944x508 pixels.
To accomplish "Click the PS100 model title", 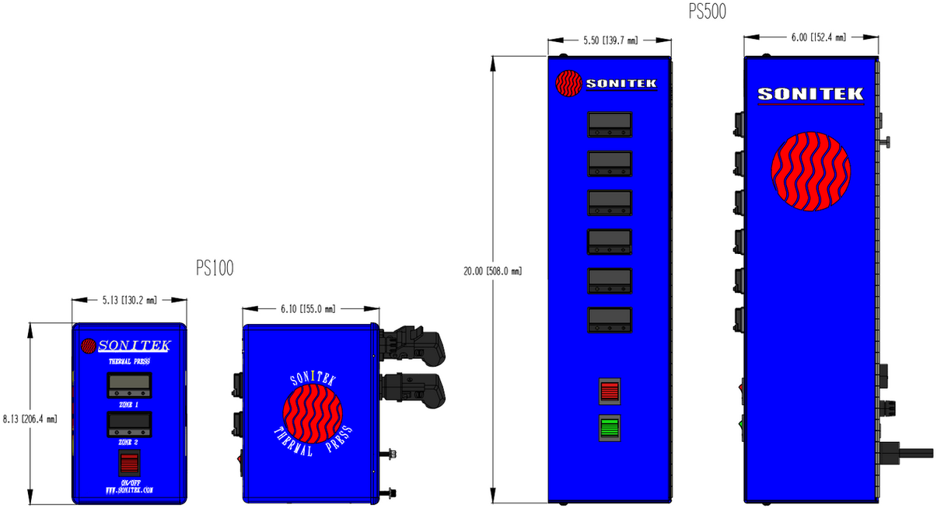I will (215, 268).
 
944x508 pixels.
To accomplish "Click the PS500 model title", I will (707, 12).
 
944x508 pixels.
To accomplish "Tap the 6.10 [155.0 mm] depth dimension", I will (308, 308).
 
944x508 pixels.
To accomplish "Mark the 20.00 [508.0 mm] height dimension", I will (492, 271).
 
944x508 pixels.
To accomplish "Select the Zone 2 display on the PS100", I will (128, 424).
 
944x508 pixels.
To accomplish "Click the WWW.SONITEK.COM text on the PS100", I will (129, 491).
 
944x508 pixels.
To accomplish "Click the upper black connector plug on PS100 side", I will (412, 346).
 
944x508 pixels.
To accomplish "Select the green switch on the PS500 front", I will (610, 428).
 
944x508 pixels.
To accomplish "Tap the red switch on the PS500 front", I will (610, 391).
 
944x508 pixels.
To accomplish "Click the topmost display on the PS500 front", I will (610, 124).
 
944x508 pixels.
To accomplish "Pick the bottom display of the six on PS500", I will (610, 320).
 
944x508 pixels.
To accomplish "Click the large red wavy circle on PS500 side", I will (810, 171).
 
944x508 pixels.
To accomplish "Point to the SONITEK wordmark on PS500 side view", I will (810, 94).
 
